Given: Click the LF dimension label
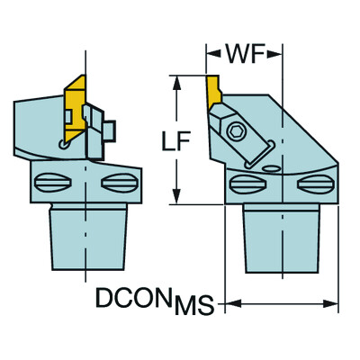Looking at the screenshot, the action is point(175,141).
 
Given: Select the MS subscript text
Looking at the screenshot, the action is point(194,305).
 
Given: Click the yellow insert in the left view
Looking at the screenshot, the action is point(75,108).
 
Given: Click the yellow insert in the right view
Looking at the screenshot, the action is point(213,92).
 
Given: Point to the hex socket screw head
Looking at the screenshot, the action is point(236,131).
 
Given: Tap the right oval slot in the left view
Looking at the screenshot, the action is point(120,183).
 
